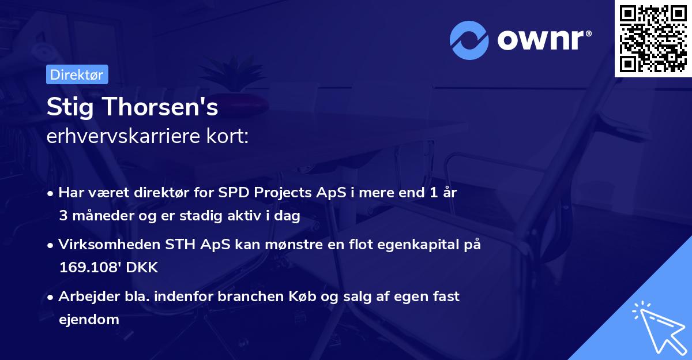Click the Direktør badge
[x=77, y=74]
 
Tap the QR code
[x=653, y=38]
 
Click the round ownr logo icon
[x=469, y=40]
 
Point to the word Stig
[x=67, y=107]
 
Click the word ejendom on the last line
[x=89, y=320]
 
